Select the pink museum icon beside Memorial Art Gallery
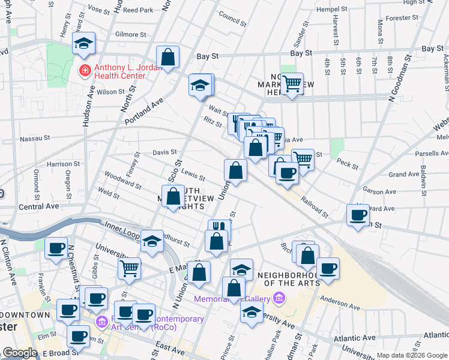coord(278,298)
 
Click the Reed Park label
coord(139,10)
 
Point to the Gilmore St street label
coord(130,35)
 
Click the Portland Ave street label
coord(145,112)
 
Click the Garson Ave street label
coord(379,192)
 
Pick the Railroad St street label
coord(315,207)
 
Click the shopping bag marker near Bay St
coord(169,57)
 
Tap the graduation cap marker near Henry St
coord(83,43)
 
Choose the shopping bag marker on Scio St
coord(173,196)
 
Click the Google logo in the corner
coord(20,353)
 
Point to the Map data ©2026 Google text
coord(411,355)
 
